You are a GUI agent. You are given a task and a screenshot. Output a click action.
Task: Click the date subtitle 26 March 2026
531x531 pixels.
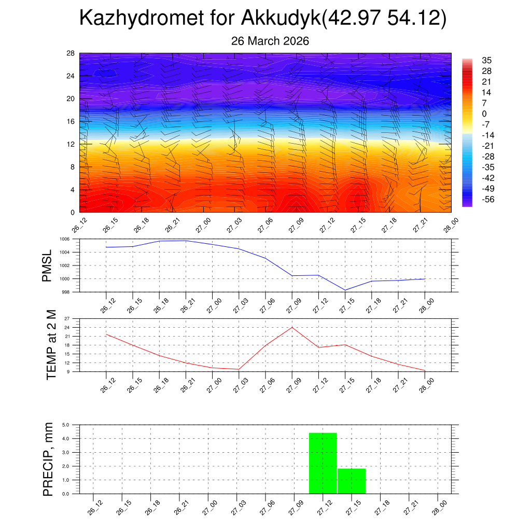tap(270, 41)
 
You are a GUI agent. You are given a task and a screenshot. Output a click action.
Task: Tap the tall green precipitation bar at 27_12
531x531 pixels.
tap(323, 463)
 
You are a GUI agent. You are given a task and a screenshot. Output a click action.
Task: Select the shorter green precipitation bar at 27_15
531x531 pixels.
tap(352, 481)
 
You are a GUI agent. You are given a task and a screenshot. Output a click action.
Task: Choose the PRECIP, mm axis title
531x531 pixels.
tap(48, 459)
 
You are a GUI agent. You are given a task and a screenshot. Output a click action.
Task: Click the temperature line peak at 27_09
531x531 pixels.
tap(292, 327)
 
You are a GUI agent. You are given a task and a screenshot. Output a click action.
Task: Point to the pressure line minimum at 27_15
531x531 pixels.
tap(345, 290)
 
